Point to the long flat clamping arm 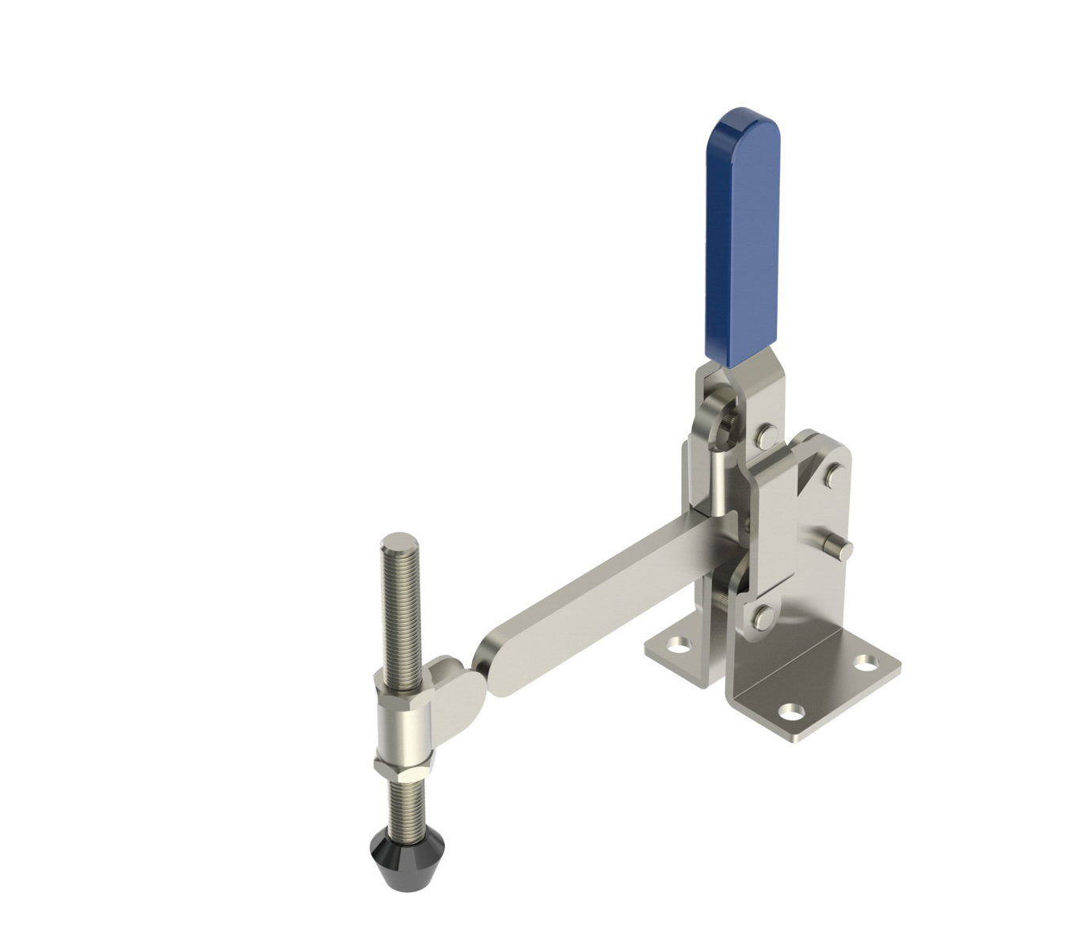[602, 602]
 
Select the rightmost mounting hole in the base [869, 662]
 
